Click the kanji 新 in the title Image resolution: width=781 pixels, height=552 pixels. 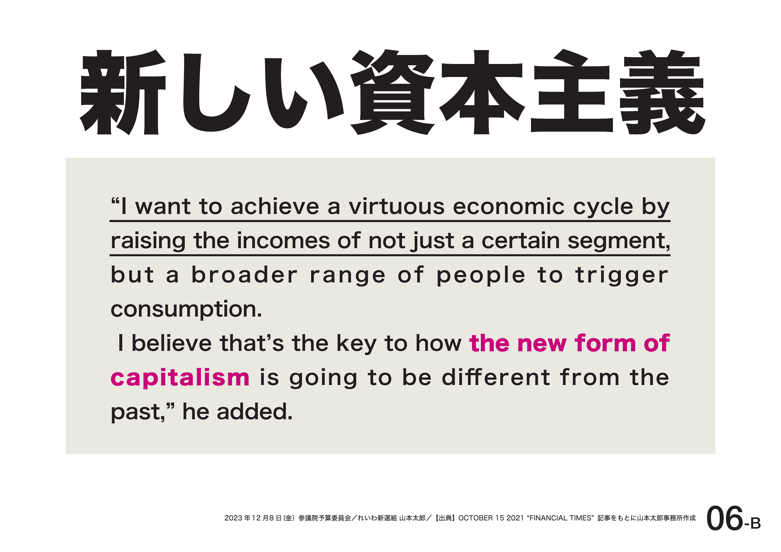(123, 92)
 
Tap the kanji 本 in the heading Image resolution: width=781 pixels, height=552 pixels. (482, 92)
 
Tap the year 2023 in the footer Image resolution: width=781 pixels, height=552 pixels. (233, 518)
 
